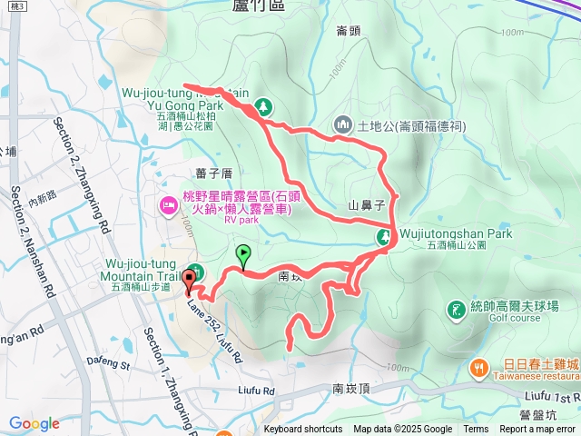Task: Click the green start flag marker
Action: [242, 254]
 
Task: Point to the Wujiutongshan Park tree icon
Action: [384, 238]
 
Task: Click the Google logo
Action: [34, 423]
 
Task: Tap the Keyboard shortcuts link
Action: [303, 430]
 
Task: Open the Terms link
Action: [476, 430]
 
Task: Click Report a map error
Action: [537, 430]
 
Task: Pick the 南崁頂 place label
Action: [351, 388]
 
